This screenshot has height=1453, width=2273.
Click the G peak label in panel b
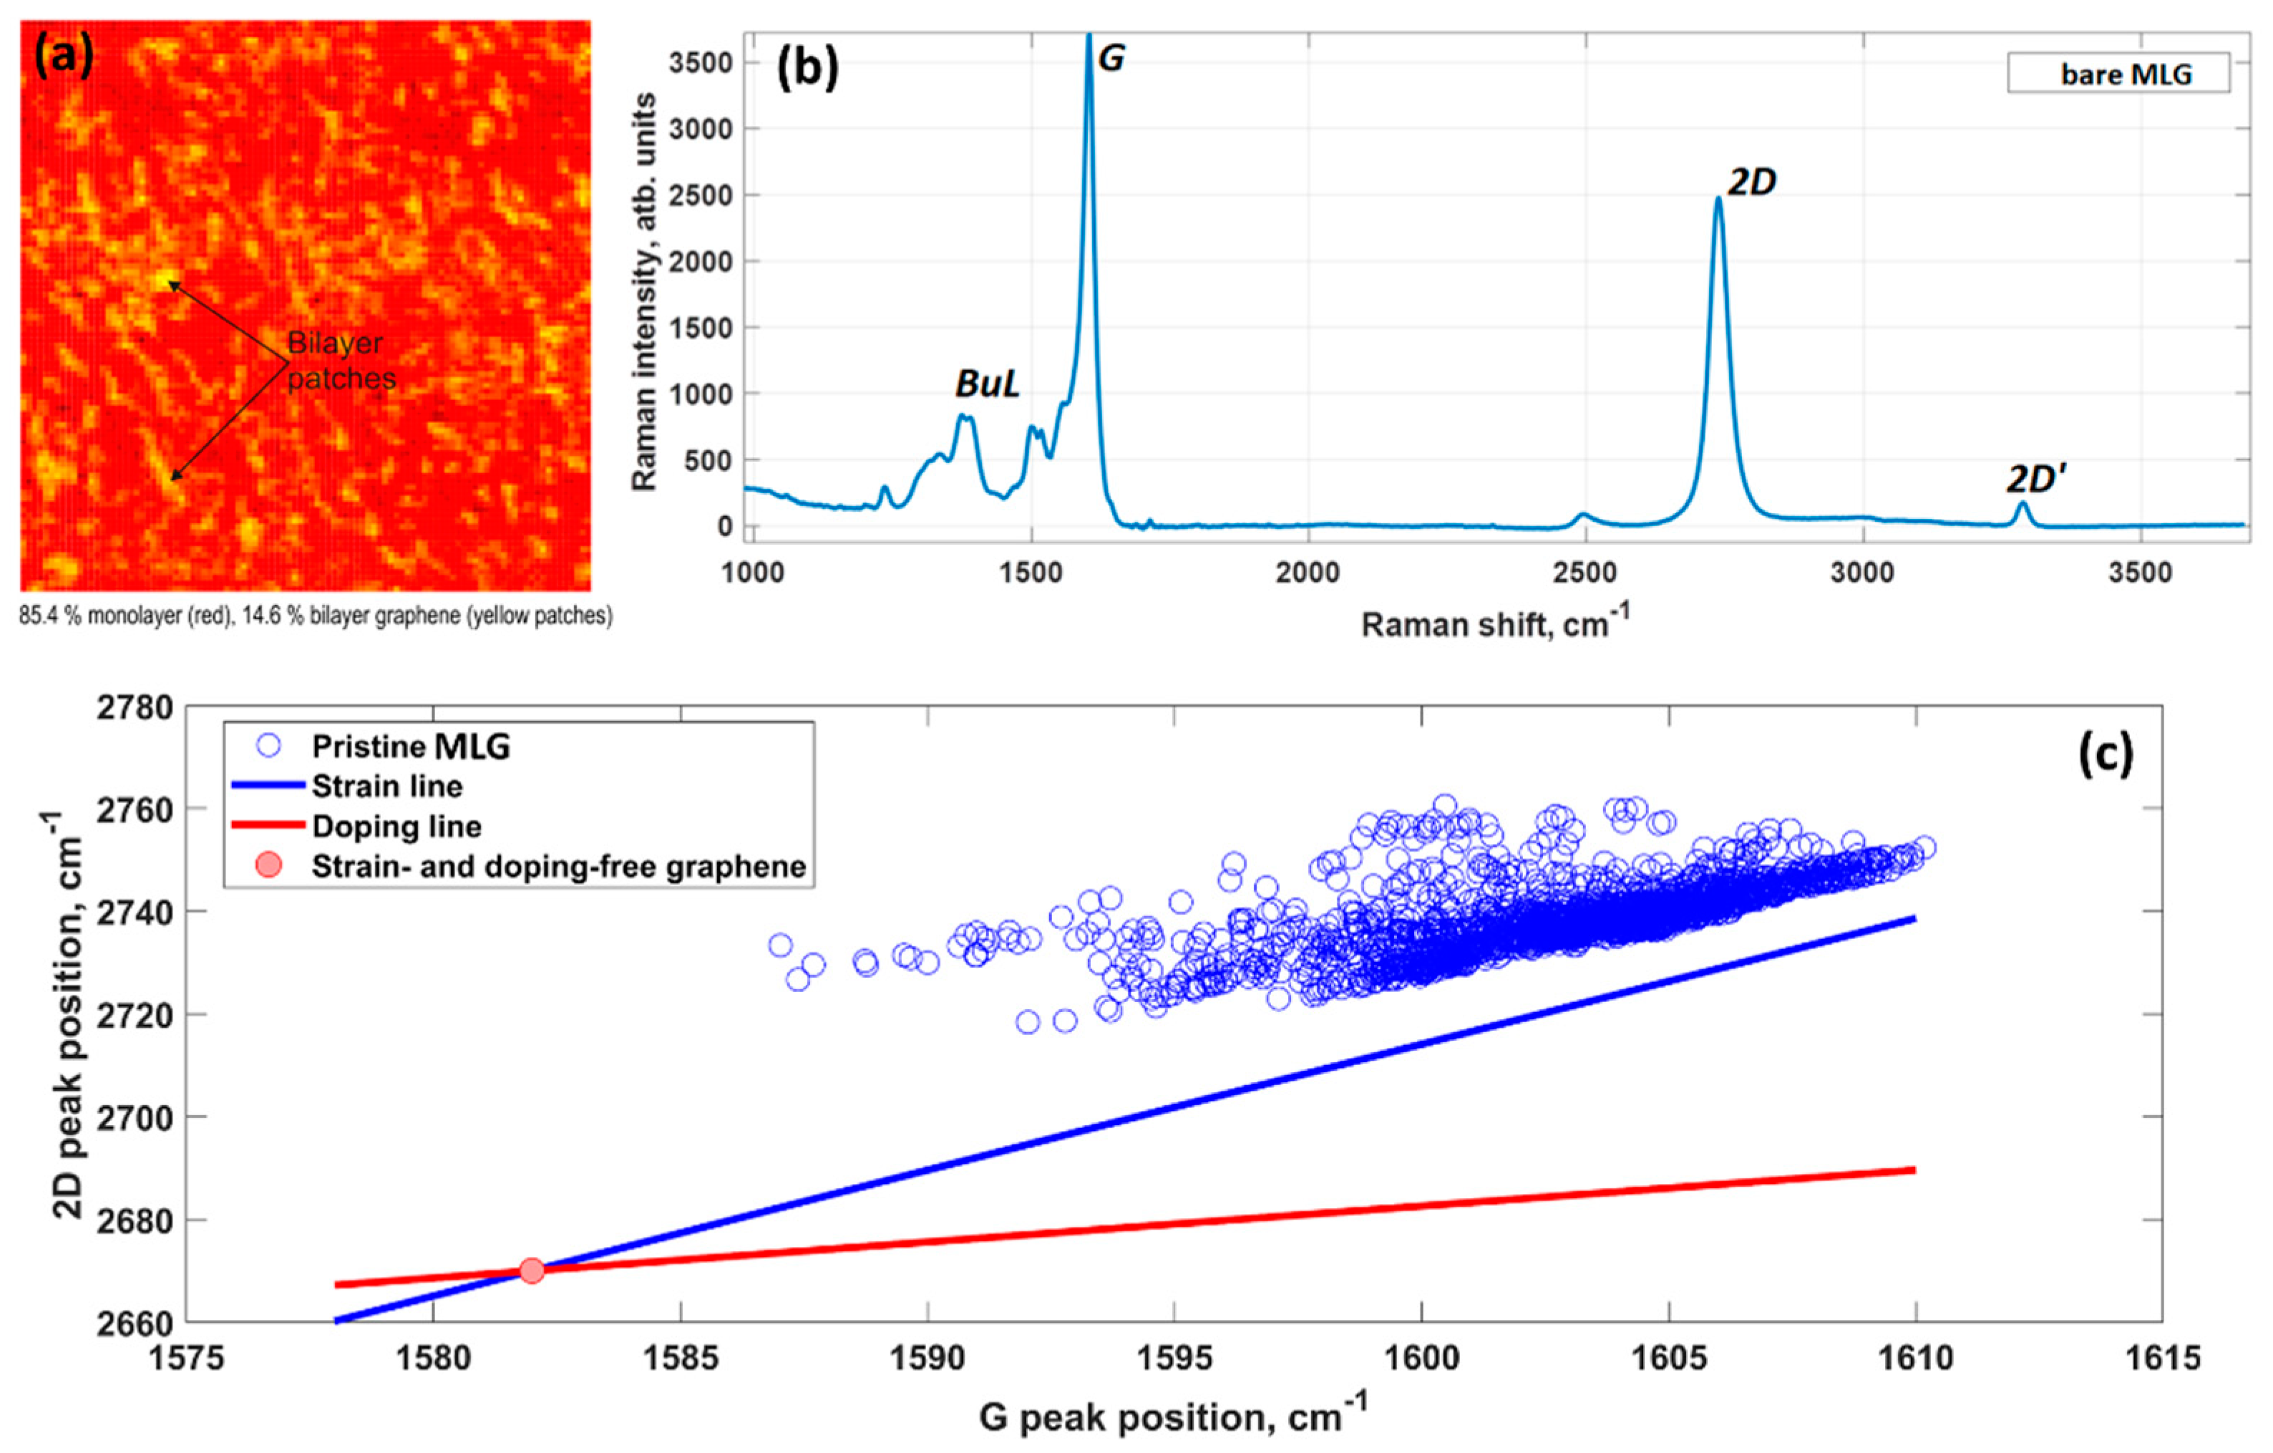pyautogui.click(x=1112, y=59)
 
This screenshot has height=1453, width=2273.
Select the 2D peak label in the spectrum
pyautogui.click(x=1752, y=183)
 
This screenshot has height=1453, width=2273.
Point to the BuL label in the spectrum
pyautogui.click(x=988, y=384)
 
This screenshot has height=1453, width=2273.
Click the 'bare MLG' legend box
pyautogui.click(x=2118, y=74)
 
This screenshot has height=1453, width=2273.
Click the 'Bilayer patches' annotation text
pyautogui.click(x=340, y=361)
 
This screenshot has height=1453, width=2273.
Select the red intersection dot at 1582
pyautogui.click(x=532, y=1270)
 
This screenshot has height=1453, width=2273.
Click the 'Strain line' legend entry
pyautogui.click(x=387, y=787)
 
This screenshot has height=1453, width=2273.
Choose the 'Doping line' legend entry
pyautogui.click(x=396, y=827)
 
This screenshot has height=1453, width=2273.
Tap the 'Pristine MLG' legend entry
pyautogui.click(x=411, y=747)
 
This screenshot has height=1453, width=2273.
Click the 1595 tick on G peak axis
pyautogui.click(x=1174, y=1359)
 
